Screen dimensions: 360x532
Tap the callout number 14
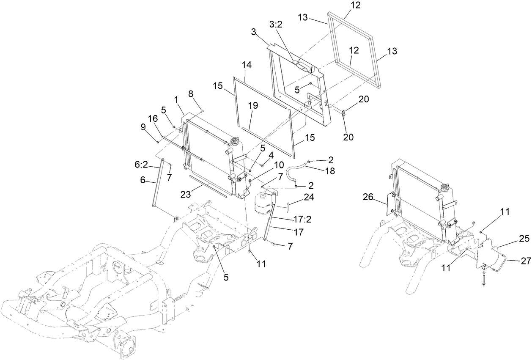(247, 65)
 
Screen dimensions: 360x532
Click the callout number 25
(525, 239)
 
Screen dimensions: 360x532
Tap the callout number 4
(271, 155)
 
